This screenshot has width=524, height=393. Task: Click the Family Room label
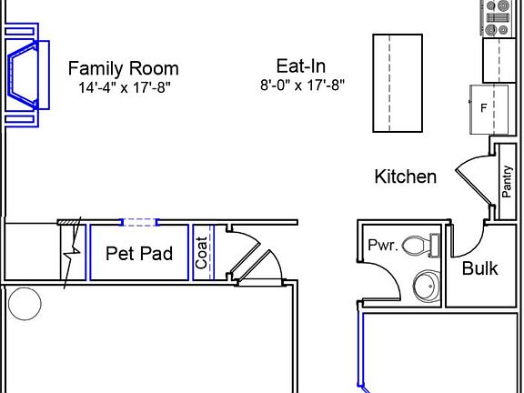[124, 68]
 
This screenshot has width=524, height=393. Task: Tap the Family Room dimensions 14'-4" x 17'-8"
[124, 87]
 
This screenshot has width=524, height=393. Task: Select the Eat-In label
[301, 65]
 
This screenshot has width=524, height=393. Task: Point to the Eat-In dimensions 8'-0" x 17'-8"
[302, 86]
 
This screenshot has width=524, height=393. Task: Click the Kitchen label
[406, 176]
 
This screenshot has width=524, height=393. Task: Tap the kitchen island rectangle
[398, 82]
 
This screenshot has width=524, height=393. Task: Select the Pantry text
[508, 181]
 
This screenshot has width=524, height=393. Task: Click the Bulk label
[479, 268]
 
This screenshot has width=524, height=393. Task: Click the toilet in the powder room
[420, 246]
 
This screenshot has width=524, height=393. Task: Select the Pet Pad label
[139, 254]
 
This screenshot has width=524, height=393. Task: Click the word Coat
[202, 253]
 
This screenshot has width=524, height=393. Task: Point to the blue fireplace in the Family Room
[25, 74]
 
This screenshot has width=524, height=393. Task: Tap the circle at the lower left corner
[25, 303]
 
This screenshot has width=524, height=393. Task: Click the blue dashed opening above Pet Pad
[140, 221]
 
